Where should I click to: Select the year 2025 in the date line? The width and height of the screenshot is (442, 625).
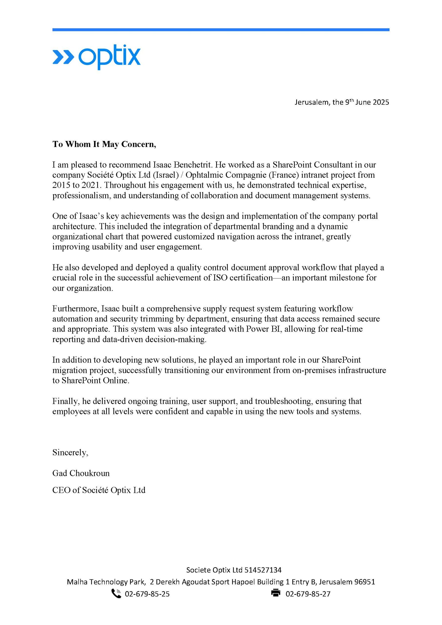(381, 102)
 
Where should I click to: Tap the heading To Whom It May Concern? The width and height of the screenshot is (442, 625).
(104, 144)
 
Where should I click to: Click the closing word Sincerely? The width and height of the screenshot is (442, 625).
(70, 453)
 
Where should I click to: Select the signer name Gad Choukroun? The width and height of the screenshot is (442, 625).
(81, 473)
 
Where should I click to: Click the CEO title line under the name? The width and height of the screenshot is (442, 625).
(99, 490)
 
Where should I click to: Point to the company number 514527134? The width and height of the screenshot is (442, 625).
(263, 570)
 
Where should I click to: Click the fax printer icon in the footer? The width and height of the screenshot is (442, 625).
(276, 593)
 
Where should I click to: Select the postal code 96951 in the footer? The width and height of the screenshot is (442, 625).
(364, 582)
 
